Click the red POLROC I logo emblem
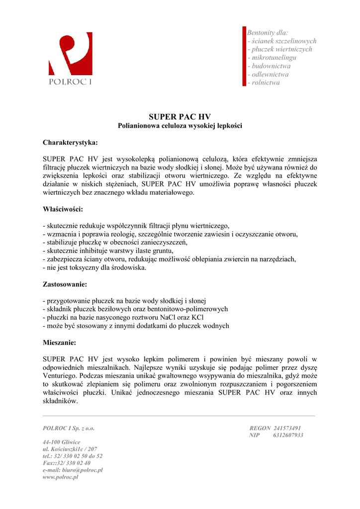[70, 54]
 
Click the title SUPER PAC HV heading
[180, 117]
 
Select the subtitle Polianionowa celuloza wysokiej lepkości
[180, 126]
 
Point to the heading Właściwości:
[63, 209]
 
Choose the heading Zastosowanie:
[65, 285]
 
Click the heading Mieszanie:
[60, 342]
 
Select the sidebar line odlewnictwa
[270, 75]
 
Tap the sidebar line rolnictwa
[266, 83]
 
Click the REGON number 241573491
[287, 428]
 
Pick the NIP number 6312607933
[288, 435]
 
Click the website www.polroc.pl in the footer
[61, 477]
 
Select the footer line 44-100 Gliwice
[62, 442]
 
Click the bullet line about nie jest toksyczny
[94, 267]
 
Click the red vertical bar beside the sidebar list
[244, 57]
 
